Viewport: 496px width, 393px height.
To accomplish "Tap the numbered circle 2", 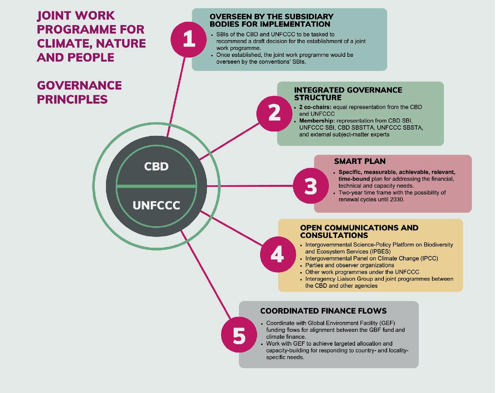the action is [x=274, y=113].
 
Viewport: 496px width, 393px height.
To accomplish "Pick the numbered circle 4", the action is [x=277, y=254].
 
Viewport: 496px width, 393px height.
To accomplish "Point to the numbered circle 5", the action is [x=239, y=335].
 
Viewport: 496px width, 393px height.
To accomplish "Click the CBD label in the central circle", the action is [x=156, y=166].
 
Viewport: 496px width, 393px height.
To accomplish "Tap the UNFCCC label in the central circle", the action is [x=156, y=205].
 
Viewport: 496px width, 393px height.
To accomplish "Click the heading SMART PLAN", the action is [x=359, y=161].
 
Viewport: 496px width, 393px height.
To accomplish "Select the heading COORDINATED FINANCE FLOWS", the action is [x=323, y=311].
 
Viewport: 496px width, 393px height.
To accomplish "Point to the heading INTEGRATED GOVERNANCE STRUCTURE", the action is [x=348, y=94].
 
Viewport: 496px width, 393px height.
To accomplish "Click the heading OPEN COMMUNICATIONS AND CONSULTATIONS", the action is [x=359, y=231].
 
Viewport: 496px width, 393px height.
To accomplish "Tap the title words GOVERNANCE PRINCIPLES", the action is [x=79, y=92].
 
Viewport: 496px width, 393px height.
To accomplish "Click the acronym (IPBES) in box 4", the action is [x=378, y=252].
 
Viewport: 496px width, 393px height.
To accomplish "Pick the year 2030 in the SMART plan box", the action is [x=397, y=200].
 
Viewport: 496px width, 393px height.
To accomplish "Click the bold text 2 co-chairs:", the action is [x=315, y=107].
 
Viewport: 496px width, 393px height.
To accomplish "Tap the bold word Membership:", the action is [x=317, y=121].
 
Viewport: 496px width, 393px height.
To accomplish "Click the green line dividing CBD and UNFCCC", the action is [x=156, y=186].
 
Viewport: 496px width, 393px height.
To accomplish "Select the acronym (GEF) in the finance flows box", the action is [x=387, y=323].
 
